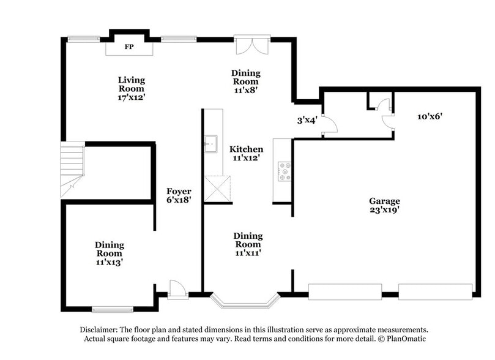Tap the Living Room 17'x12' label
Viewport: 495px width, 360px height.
[x=132, y=88]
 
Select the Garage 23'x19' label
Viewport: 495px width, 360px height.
[x=384, y=205]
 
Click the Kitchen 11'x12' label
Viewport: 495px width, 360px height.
[x=246, y=153]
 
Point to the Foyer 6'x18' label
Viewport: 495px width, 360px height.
[x=179, y=195]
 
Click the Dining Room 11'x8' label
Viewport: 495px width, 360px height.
[x=245, y=81]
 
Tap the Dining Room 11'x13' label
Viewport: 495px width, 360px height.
[x=109, y=253]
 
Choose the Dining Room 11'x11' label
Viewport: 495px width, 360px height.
[x=248, y=244]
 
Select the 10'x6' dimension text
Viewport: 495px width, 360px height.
[x=430, y=116]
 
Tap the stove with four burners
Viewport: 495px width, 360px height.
[x=285, y=171]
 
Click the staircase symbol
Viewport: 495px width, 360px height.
[x=72, y=168]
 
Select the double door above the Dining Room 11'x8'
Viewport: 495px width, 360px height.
[x=251, y=45]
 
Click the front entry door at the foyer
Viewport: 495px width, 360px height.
[x=177, y=289]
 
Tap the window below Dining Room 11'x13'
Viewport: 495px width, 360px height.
[x=113, y=309]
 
